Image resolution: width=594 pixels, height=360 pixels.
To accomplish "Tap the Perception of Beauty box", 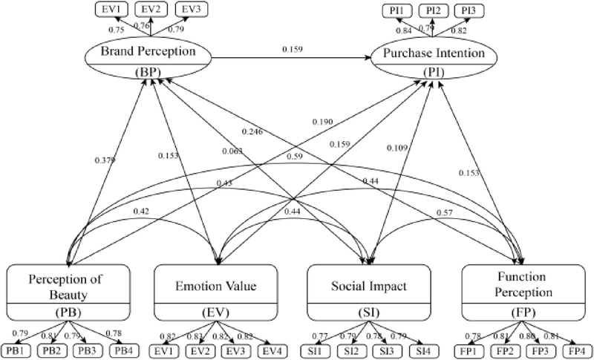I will (x=68, y=295).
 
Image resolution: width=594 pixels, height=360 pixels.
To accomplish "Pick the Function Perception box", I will (x=521, y=295).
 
